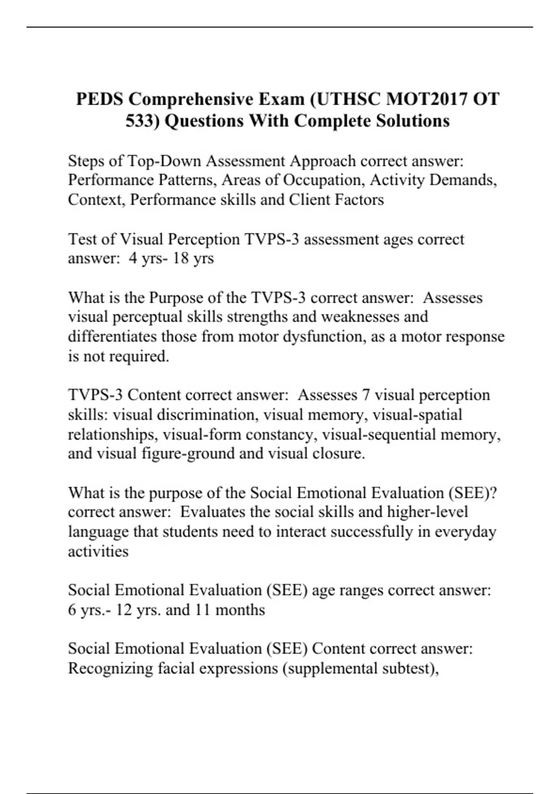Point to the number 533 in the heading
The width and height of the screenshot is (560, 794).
142,121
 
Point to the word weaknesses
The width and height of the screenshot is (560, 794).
361,317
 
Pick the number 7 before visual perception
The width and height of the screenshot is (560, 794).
366,395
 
